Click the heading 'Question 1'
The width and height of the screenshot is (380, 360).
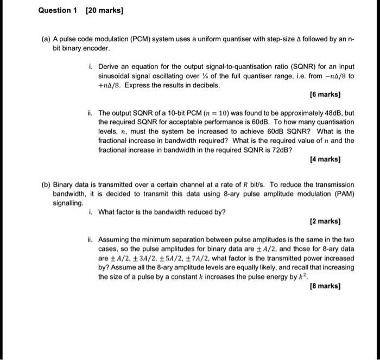click(x=56, y=10)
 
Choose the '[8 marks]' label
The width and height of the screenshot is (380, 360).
click(x=325, y=286)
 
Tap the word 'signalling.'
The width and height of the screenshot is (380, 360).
click(x=68, y=203)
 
